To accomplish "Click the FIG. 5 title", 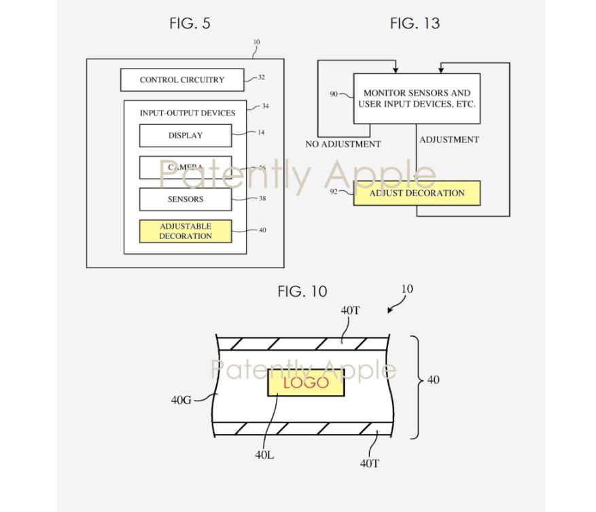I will click(190, 23).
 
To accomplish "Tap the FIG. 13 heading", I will click(415, 23).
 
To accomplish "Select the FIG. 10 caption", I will click(302, 291).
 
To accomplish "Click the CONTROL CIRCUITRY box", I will click(181, 79).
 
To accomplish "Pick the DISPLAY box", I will click(186, 135).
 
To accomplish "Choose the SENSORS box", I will click(186, 199).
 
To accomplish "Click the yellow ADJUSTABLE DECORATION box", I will click(186, 231).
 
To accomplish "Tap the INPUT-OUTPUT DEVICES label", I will click(188, 113).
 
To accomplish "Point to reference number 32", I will click(261, 77).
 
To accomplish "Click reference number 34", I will click(265, 106).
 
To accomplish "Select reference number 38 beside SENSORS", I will click(262, 198).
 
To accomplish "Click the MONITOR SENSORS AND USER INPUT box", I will click(417, 98).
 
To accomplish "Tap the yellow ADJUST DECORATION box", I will click(417, 193).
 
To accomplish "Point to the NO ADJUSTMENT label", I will click(343, 144).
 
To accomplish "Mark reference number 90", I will click(334, 94).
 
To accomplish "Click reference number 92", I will click(334, 191).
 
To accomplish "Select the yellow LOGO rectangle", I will click(306, 383).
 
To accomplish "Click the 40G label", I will click(181, 400).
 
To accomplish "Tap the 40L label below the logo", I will click(264, 455).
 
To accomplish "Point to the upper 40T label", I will click(350, 310).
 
